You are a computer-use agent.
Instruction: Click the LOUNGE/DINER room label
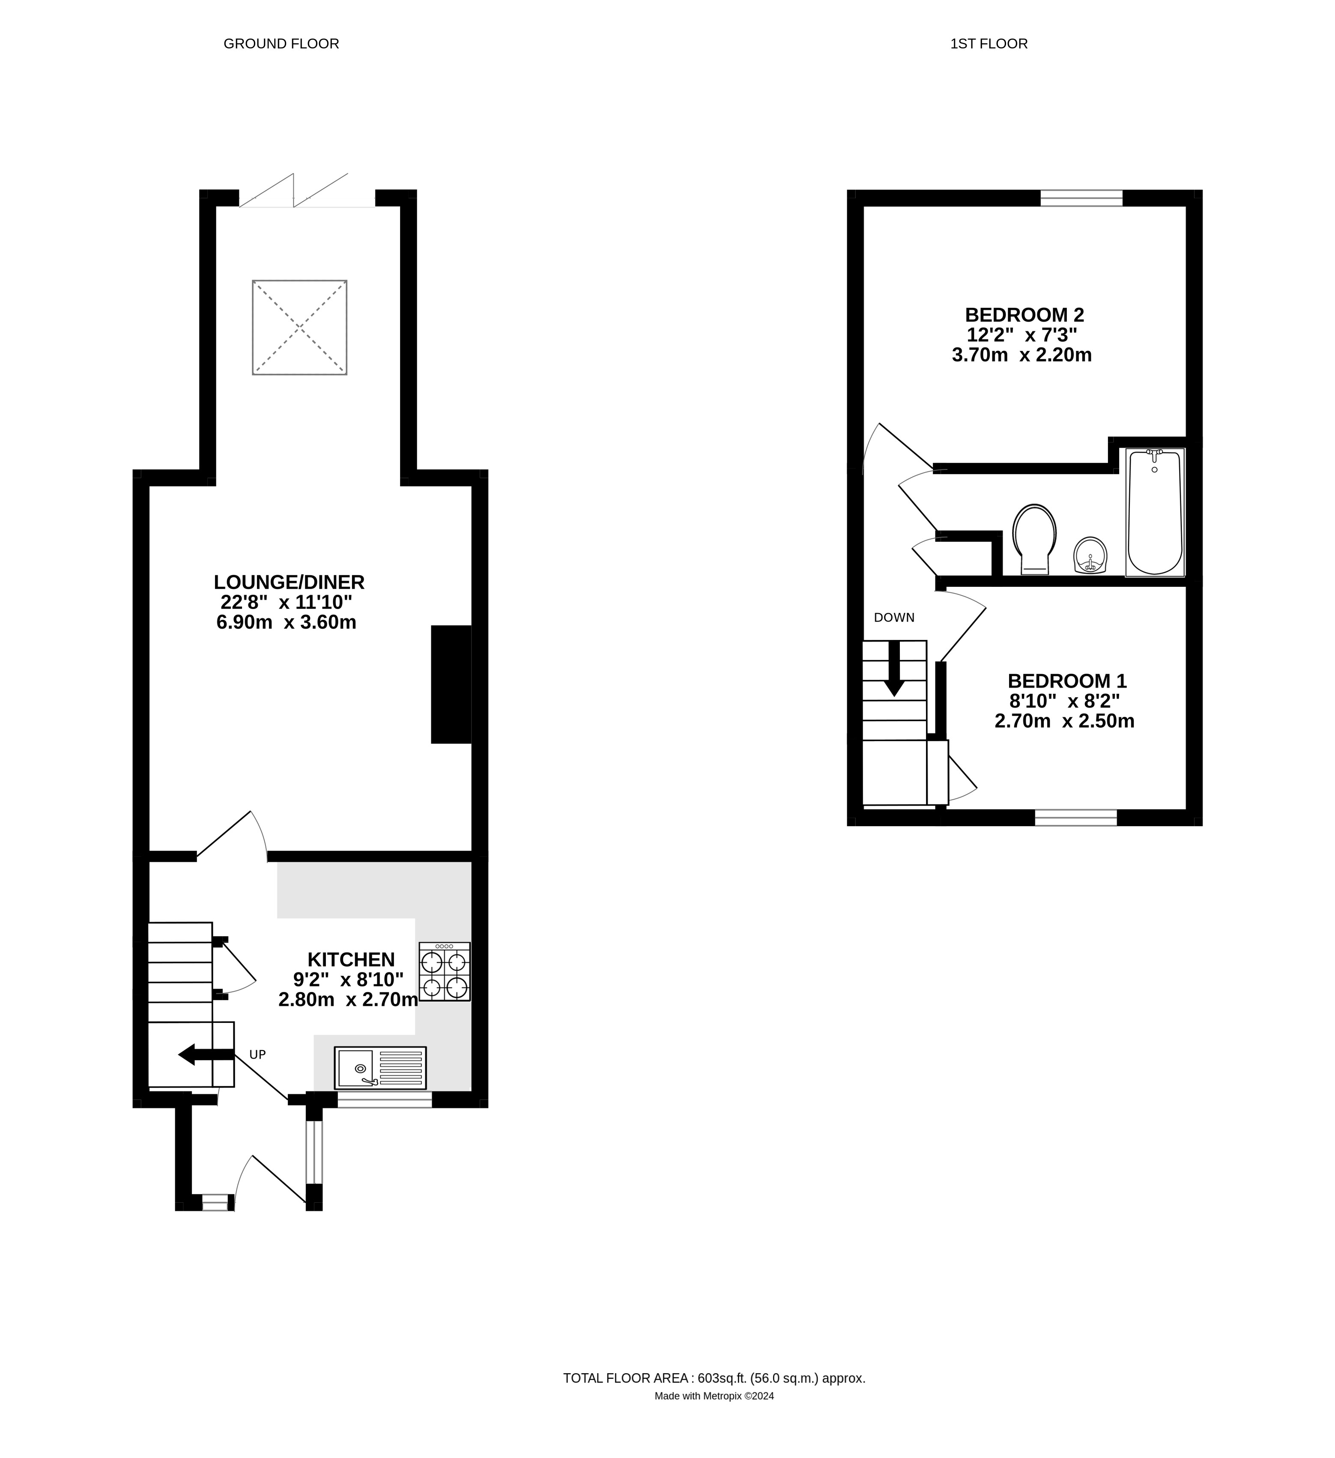coord(289,582)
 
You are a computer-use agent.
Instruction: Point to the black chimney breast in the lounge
coord(451,684)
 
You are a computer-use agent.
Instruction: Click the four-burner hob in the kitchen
coord(445,971)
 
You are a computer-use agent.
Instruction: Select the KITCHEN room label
coord(352,960)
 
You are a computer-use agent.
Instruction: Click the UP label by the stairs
coord(257,1055)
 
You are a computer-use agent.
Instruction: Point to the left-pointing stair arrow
coord(206,1055)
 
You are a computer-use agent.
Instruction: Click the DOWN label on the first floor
coord(895,618)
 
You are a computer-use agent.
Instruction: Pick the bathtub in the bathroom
coord(1155,512)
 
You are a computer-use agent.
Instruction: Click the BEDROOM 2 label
coord(1025,315)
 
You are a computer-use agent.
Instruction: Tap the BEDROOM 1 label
coord(1067,681)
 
